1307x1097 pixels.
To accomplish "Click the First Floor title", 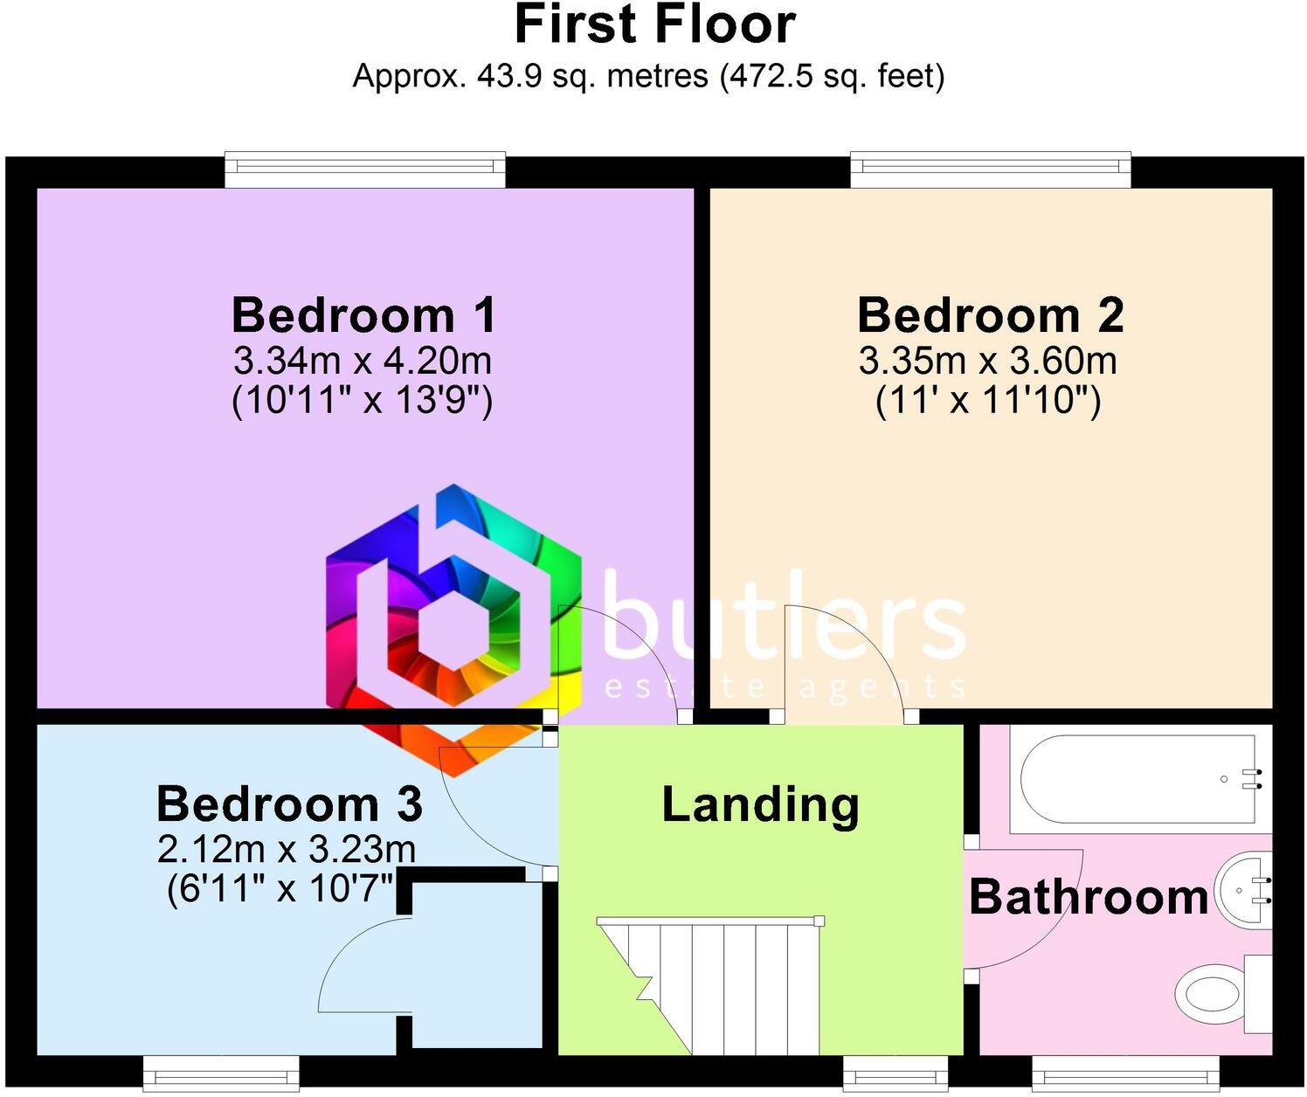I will click(x=654, y=24).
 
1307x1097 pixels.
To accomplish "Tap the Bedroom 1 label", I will click(x=363, y=315).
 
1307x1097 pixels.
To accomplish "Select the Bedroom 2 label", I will click(x=990, y=315).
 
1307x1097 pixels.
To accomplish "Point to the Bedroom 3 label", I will click(x=289, y=804).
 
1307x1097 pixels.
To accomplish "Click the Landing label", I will click(x=760, y=804).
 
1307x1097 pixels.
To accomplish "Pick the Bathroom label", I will click(x=1089, y=897).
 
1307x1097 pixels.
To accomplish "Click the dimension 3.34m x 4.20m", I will click(x=362, y=360).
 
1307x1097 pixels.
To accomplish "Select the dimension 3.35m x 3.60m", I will click(x=988, y=360).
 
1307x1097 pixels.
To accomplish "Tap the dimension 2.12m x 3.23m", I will click(x=287, y=848).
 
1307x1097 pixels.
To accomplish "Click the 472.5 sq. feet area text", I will click(x=831, y=77).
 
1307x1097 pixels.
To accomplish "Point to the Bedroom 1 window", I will click(x=365, y=169).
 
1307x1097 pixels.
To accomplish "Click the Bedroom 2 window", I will click(x=991, y=169).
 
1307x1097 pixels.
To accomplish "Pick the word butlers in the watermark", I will click(x=784, y=620).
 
